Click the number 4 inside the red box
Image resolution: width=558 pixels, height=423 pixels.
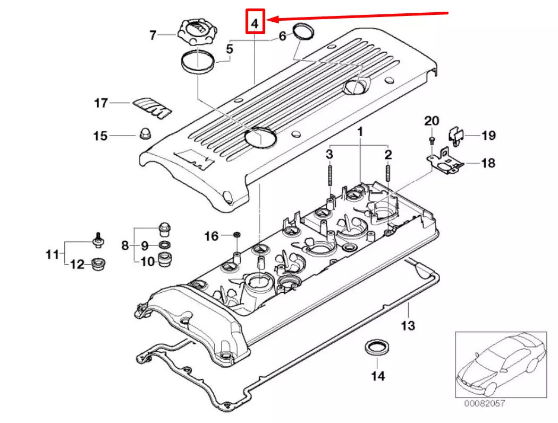pos(255,23)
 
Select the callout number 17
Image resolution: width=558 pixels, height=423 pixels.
pos(102,103)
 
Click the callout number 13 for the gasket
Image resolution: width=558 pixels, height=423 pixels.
pos(408,325)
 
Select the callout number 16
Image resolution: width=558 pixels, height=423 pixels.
pos(212,235)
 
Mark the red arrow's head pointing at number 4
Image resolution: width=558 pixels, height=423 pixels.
pos(270,20)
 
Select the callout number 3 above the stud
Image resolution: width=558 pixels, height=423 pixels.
pos(329,155)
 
